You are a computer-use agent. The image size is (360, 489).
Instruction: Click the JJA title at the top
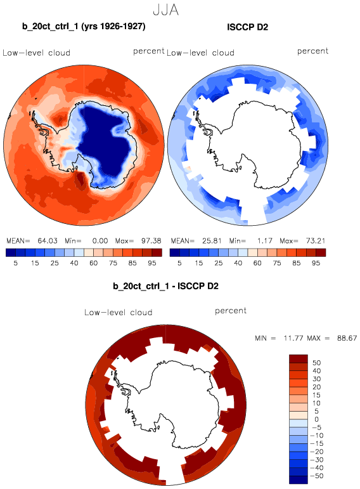[x=166, y=10]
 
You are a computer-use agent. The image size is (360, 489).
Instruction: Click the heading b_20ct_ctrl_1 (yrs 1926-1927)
[x=84, y=27]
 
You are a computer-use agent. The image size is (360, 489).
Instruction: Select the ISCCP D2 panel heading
[x=247, y=27]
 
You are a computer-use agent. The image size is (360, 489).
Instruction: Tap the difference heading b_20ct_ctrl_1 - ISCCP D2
[x=165, y=286]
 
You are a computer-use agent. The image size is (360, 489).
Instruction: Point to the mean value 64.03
[x=48, y=241]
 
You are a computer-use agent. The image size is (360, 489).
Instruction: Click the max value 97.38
[x=151, y=241]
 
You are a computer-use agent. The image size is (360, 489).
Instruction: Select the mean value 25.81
[x=212, y=241]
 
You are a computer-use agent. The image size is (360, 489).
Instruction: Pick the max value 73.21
[x=316, y=241]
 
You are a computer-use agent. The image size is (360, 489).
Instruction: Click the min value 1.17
[x=265, y=241]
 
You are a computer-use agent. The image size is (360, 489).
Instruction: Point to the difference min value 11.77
[x=293, y=338]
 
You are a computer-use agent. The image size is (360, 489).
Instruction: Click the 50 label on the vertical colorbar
[x=316, y=363]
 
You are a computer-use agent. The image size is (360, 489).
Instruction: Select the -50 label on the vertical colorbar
[x=317, y=476]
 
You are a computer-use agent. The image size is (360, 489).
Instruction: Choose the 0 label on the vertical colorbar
[x=316, y=419]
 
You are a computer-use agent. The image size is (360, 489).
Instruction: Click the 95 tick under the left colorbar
[x=151, y=263]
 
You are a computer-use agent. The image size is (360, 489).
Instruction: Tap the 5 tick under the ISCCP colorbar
[x=179, y=263]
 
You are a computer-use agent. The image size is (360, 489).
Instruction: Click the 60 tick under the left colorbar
[x=94, y=263]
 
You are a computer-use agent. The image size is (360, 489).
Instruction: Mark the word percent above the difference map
[x=231, y=311]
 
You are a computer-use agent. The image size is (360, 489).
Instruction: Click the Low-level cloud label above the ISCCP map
[x=200, y=53]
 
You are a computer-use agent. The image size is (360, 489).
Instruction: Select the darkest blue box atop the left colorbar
[x=11, y=252]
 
